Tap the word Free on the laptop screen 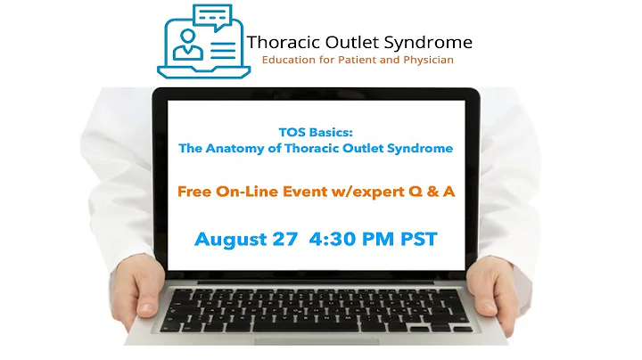click(x=195, y=190)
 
